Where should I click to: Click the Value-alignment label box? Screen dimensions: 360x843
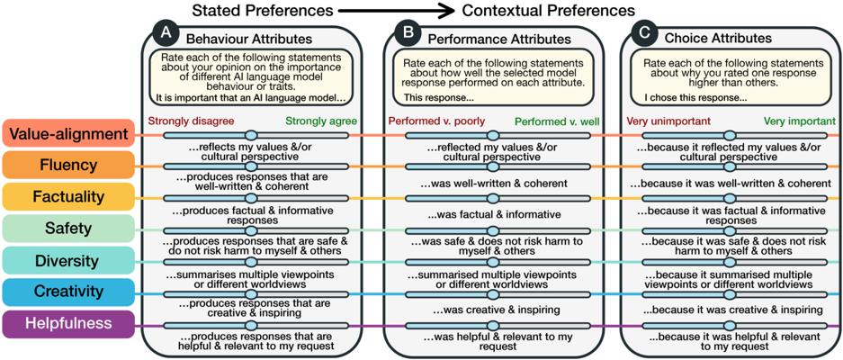(x=68, y=133)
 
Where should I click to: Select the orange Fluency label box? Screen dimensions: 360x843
(x=68, y=165)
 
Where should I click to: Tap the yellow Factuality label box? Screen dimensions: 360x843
(x=68, y=196)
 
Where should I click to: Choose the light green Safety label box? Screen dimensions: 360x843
(x=68, y=229)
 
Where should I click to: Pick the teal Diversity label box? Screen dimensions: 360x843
(x=68, y=260)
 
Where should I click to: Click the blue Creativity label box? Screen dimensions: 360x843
(x=68, y=292)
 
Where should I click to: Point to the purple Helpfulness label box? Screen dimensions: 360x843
(x=68, y=323)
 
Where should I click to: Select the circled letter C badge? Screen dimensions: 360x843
(x=644, y=34)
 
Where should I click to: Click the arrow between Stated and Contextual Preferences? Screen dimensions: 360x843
(x=396, y=11)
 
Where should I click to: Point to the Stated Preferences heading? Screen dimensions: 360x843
(x=260, y=11)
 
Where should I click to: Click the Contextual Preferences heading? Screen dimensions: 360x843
(x=548, y=11)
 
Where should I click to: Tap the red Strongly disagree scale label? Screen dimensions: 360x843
(x=190, y=121)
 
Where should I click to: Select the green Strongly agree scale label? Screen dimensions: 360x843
(x=320, y=121)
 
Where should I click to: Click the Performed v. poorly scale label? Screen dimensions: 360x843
(x=433, y=121)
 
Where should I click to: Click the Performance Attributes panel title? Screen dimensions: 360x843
(x=499, y=40)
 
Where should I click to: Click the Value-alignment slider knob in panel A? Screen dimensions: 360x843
(x=251, y=135)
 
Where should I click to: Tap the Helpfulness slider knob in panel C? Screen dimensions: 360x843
(x=730, y=326)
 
